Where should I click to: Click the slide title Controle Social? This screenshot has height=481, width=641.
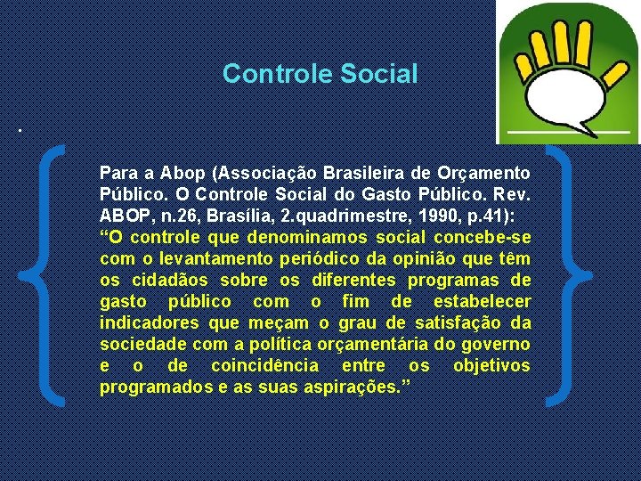coord(320,73)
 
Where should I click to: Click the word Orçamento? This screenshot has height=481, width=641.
coord(486,172)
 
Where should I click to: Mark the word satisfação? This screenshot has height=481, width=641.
coord(461,322)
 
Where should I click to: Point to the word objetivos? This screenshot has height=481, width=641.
coord(491,366)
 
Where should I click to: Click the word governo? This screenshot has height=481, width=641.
coord(498,344)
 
